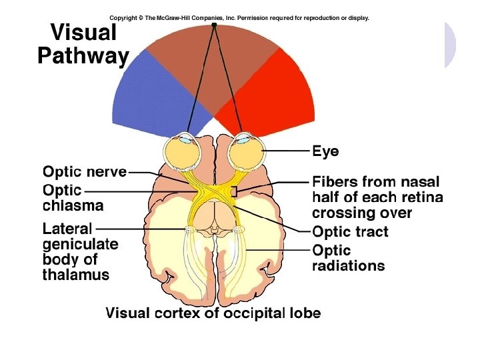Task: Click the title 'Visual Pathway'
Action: click(83, 44)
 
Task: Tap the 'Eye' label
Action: click(326, 152)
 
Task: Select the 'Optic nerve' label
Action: click(85, 172)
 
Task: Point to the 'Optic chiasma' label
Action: click(73, 197)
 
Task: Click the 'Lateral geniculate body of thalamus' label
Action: click(80, 251)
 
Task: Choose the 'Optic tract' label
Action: click(350, 232)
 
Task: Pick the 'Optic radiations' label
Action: click(349, 258)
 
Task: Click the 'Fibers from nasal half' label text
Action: click(377, 197)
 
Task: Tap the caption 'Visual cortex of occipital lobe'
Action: click(213, 313)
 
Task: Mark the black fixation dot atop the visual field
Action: click(214, 25)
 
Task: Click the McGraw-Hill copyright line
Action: click(239, 18)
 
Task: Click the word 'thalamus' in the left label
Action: click(76, 275)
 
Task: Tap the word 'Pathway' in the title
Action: click(83, 57)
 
